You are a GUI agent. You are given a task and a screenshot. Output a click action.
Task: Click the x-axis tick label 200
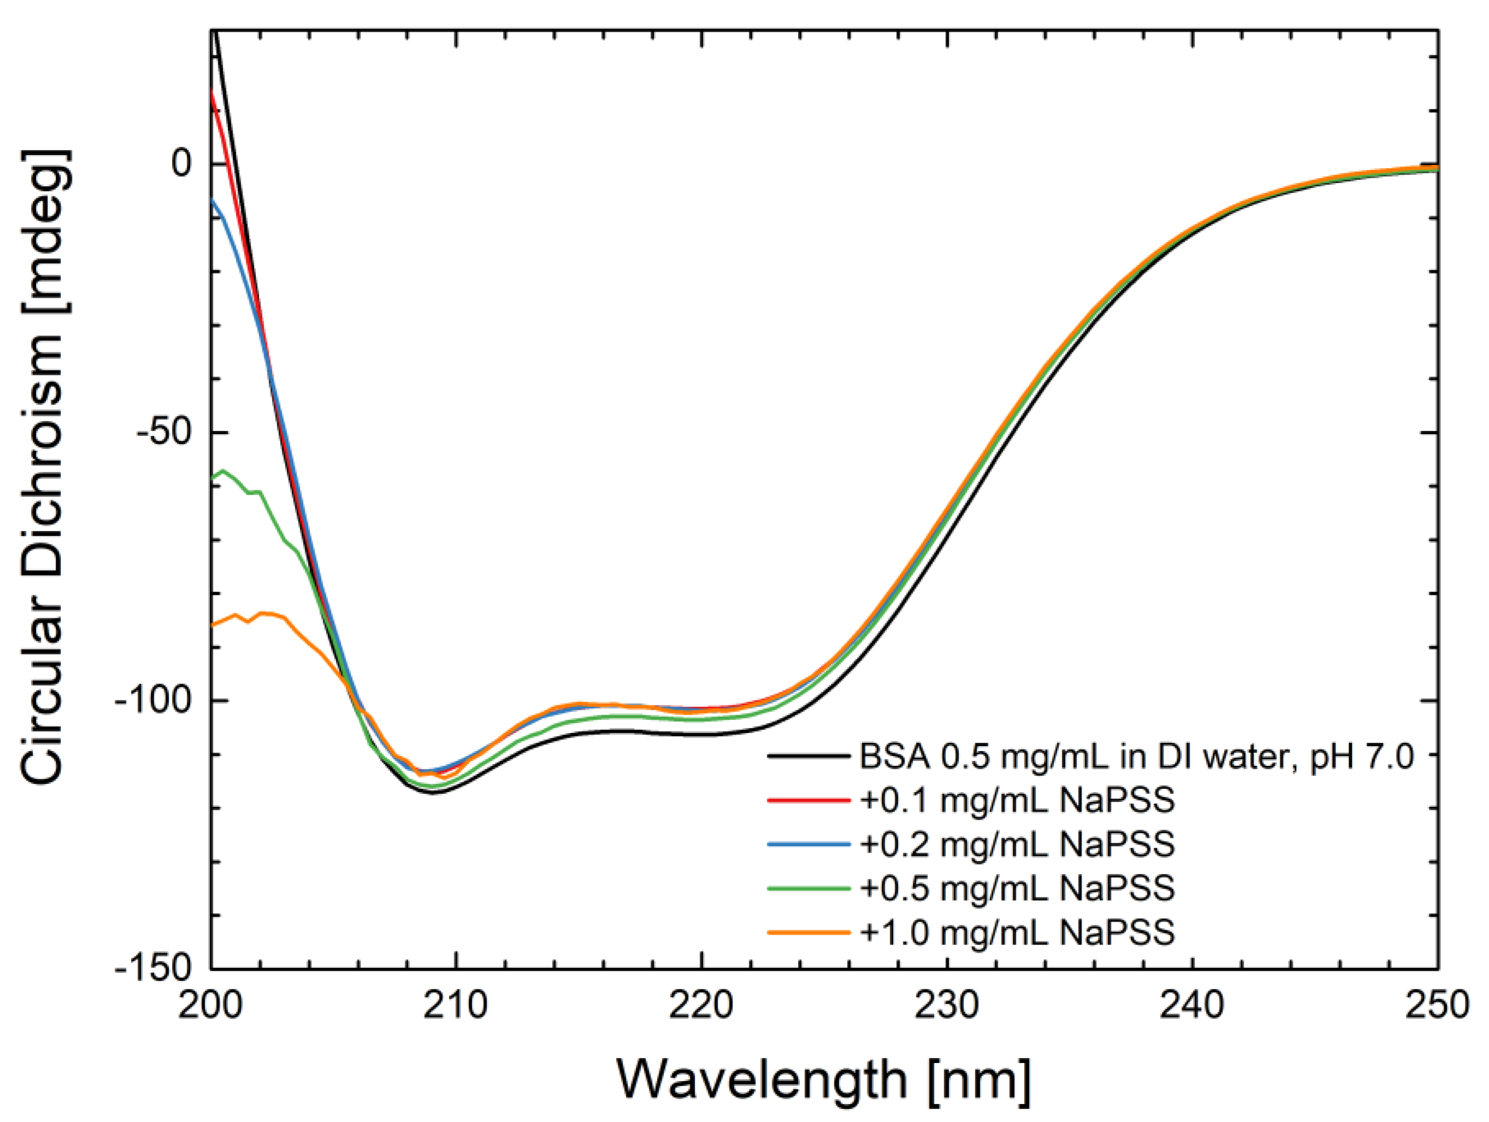pos(211,1007)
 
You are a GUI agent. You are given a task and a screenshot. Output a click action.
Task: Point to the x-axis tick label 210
pos(457,1007)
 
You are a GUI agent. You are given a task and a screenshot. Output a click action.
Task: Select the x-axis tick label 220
pos(701,1007)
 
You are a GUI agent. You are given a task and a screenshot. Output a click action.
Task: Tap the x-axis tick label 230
pos(947,1007)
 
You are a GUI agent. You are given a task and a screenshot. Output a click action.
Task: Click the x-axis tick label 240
pos(1193,1007)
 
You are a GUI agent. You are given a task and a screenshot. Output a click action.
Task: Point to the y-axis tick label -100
pos(153,701)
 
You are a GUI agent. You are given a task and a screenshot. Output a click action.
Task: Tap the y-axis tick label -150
pos(153,968)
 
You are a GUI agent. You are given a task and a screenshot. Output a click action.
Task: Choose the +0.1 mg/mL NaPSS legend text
pos(1017,800)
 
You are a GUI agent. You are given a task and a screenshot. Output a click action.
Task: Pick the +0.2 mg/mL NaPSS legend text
pos(1017,844)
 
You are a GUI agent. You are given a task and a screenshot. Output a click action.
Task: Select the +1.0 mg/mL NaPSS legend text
pos(1017,932)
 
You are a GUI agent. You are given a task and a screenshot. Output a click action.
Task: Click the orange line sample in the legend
pos(808,932)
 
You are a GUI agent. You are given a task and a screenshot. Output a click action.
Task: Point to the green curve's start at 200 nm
pos(212,478)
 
